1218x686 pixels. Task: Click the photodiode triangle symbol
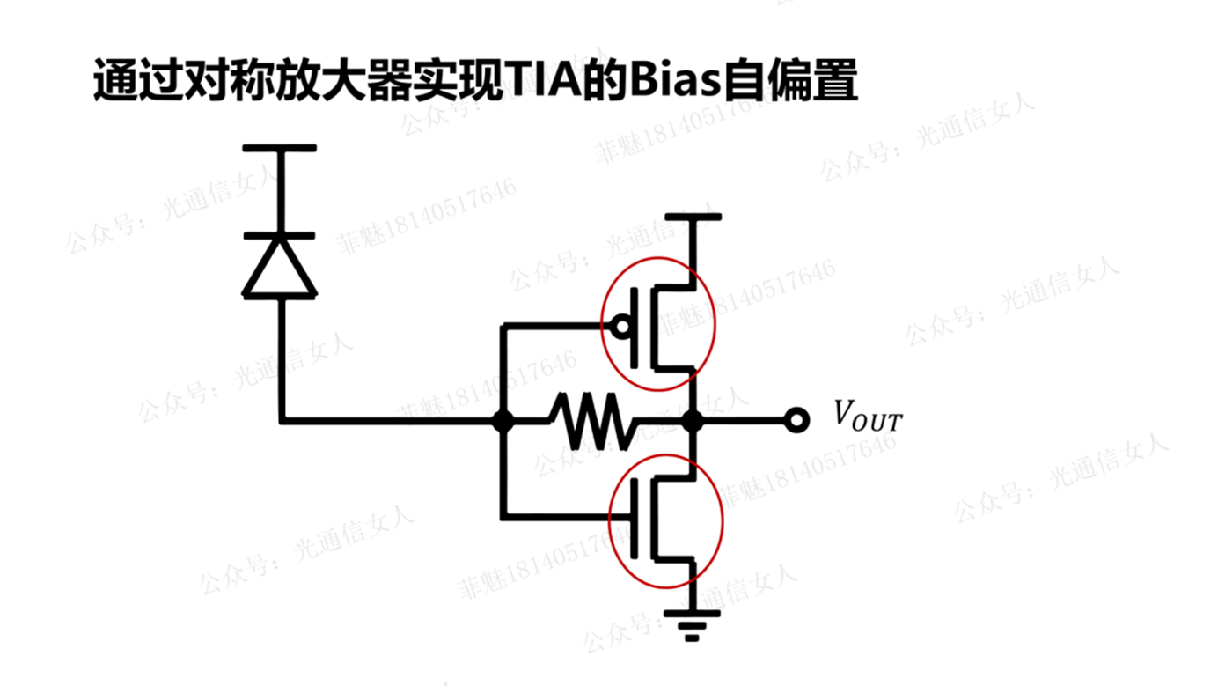pyautogui.click(x=280, y=268)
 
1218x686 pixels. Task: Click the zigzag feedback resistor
pyautogui.click(x=591, y=422)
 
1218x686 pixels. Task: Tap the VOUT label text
pyautogui.click(x=867, y=416)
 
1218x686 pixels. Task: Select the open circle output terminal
pyautogui.click(x=797, y=421)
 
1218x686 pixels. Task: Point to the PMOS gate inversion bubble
pyautogui.click(x=622, y=327)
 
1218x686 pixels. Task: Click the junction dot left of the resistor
pyautogui.click(x=503, y=422)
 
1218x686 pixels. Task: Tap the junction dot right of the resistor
pyautogui.click(x=693, y=422)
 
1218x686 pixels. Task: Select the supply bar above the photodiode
pyautogui.click(x=280, y=148)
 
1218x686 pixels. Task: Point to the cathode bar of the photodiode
pyautogui.click(x=280, y=236)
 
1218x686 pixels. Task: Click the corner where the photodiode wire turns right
pyautogui.click(x=282, y=421)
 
